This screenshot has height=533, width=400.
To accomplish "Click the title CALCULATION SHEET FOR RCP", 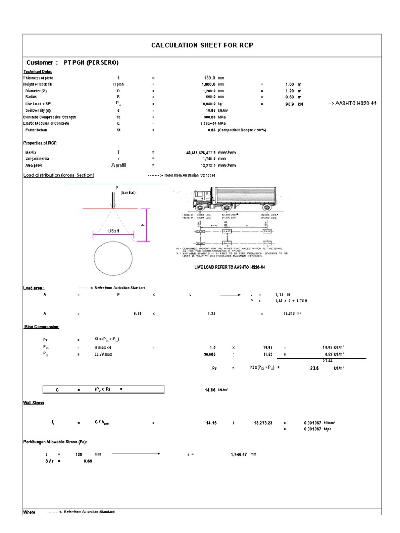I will click(x=202, y=46).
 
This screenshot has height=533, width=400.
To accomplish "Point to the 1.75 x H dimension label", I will click(x=113, y=230).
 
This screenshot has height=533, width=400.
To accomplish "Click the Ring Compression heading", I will click(x=42, y=327).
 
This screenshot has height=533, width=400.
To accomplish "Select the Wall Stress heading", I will click(x=34, y=403).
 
